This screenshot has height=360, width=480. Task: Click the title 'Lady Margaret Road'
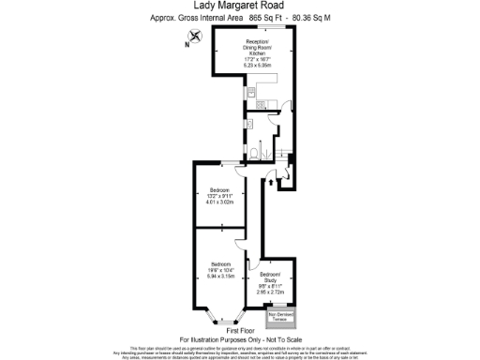[x=240, y=6]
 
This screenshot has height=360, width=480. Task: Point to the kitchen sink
[x=250, y=94]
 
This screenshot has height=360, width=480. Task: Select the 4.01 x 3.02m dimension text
[x=220, y=202]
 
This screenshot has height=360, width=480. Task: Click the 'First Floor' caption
[x=240, y=330]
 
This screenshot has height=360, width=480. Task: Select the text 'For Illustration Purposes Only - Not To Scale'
[x=240, y=338]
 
